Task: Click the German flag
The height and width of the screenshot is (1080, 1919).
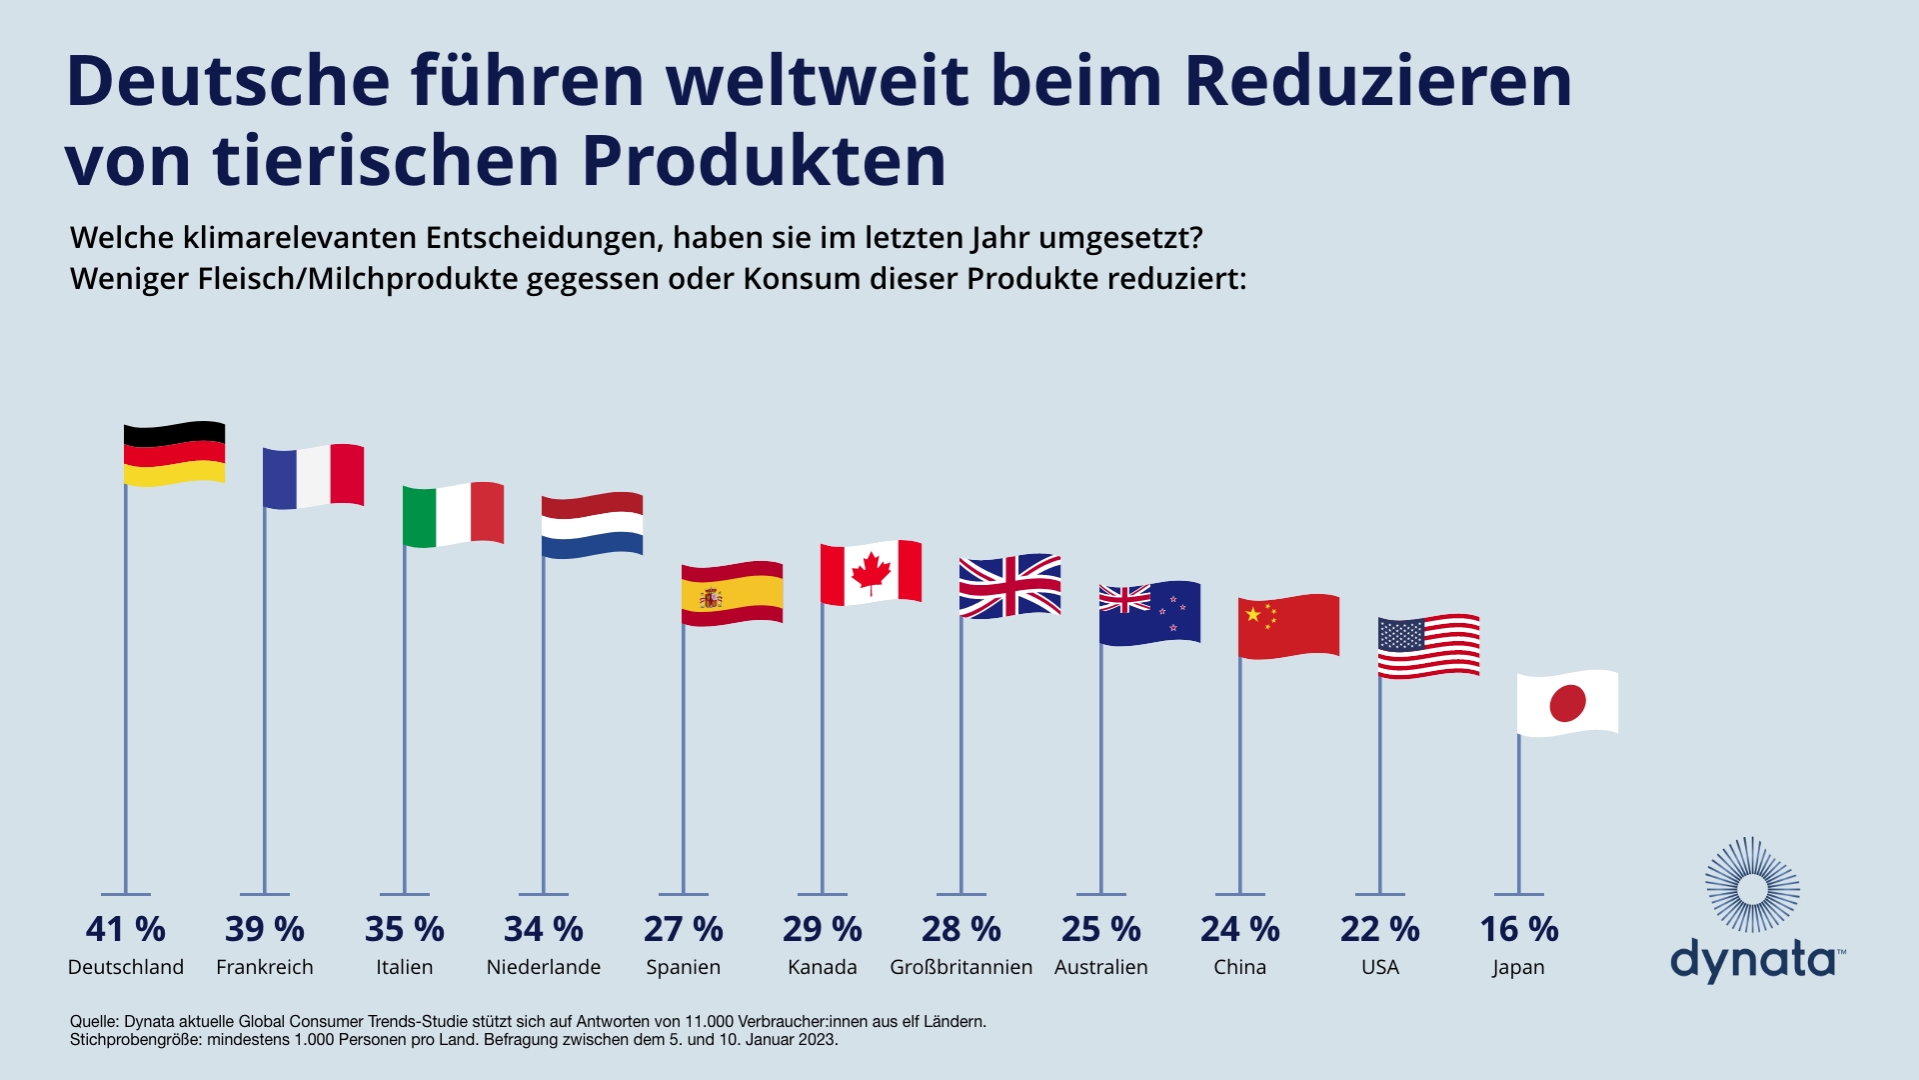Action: coord(174,454)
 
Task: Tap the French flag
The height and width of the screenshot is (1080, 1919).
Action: coord(313,477)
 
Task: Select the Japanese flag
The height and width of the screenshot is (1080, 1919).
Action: coord(1567,703)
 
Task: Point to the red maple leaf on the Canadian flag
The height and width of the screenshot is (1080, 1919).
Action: coord(871,573)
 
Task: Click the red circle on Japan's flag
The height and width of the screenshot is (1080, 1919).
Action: coord(1567,703)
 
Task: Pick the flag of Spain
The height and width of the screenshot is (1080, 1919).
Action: coord(732,594)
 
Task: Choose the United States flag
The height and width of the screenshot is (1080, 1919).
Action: coord(1428,647)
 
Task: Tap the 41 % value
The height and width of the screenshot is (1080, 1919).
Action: coord(126,929)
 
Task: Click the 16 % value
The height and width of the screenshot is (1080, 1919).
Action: coord(1519,929)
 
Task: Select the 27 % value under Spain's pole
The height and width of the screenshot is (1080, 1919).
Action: coord(684,929)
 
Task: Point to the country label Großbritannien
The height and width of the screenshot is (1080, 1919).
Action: coord(961,967)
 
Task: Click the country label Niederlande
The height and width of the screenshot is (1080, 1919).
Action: coord(544,967)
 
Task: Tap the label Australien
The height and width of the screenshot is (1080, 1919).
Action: coord(1101,967)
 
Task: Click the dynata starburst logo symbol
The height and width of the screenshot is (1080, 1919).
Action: coord(1752,886)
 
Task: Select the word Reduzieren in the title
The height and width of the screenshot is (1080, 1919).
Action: coord(1378,81)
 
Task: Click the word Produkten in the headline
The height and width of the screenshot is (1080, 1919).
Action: coord(764,161)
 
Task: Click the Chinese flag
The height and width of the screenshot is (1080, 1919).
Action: coord(1288,627)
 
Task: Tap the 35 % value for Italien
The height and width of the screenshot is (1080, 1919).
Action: coord(405,929)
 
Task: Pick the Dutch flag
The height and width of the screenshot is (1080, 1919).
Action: coord(592,525)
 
